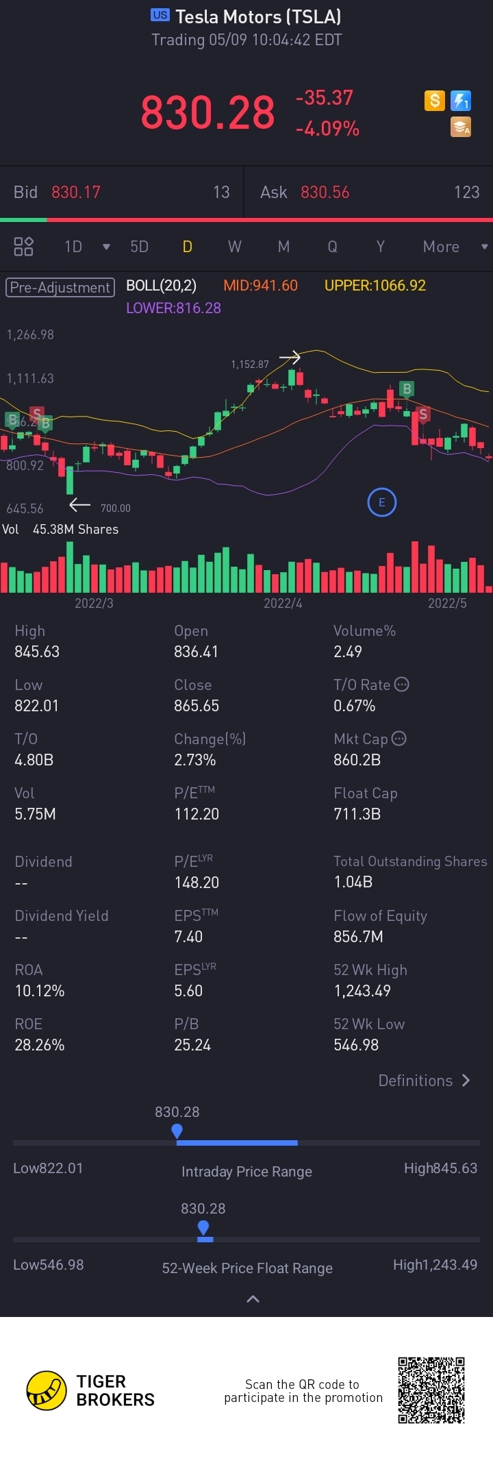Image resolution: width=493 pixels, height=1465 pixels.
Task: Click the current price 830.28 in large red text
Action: [207, 113]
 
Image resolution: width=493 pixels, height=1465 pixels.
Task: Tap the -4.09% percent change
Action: [327, 129]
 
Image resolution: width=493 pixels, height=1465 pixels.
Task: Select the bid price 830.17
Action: [76, 193]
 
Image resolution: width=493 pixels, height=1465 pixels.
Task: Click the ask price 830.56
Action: [325, 193]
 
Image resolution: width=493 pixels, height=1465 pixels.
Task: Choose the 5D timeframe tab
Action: [139, 247]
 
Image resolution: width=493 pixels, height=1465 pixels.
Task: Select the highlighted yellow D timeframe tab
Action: [187, 247]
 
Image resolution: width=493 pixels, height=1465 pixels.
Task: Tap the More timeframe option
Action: [441, 247]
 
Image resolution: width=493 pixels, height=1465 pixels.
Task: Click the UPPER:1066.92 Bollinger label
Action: [375, 286]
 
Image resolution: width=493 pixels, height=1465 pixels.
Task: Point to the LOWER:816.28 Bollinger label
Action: [173, 308]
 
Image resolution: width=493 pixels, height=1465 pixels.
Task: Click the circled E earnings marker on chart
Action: [381, 502]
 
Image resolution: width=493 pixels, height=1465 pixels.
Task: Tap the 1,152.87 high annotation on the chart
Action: [250, 365]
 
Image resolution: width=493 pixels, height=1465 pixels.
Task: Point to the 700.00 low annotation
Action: [115, 508]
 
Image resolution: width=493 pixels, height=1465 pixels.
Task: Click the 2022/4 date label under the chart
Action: [283, 603]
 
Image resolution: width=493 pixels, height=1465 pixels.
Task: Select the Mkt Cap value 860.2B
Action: [357, 760]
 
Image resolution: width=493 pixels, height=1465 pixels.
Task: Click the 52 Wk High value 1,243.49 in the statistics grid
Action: [362, 991]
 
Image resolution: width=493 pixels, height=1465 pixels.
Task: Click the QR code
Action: [431, 1390]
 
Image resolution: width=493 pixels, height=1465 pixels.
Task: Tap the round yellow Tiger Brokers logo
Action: [47, 1390]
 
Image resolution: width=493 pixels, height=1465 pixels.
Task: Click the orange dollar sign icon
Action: [434, 101]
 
